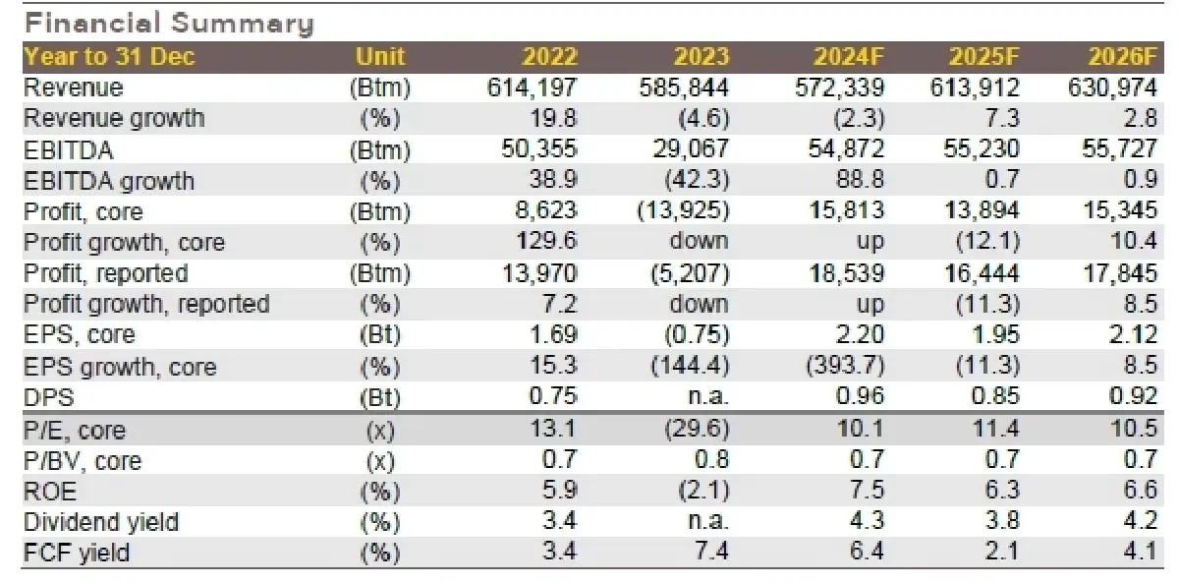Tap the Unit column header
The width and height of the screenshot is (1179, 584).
point(380,56)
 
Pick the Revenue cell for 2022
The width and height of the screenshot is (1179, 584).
point(533,88)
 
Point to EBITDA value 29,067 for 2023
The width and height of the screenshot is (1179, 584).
point(689,149)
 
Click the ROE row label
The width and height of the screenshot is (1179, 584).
point(50,491)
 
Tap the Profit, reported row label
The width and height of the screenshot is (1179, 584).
point(105,273)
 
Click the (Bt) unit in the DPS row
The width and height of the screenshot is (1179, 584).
point(380,398)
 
